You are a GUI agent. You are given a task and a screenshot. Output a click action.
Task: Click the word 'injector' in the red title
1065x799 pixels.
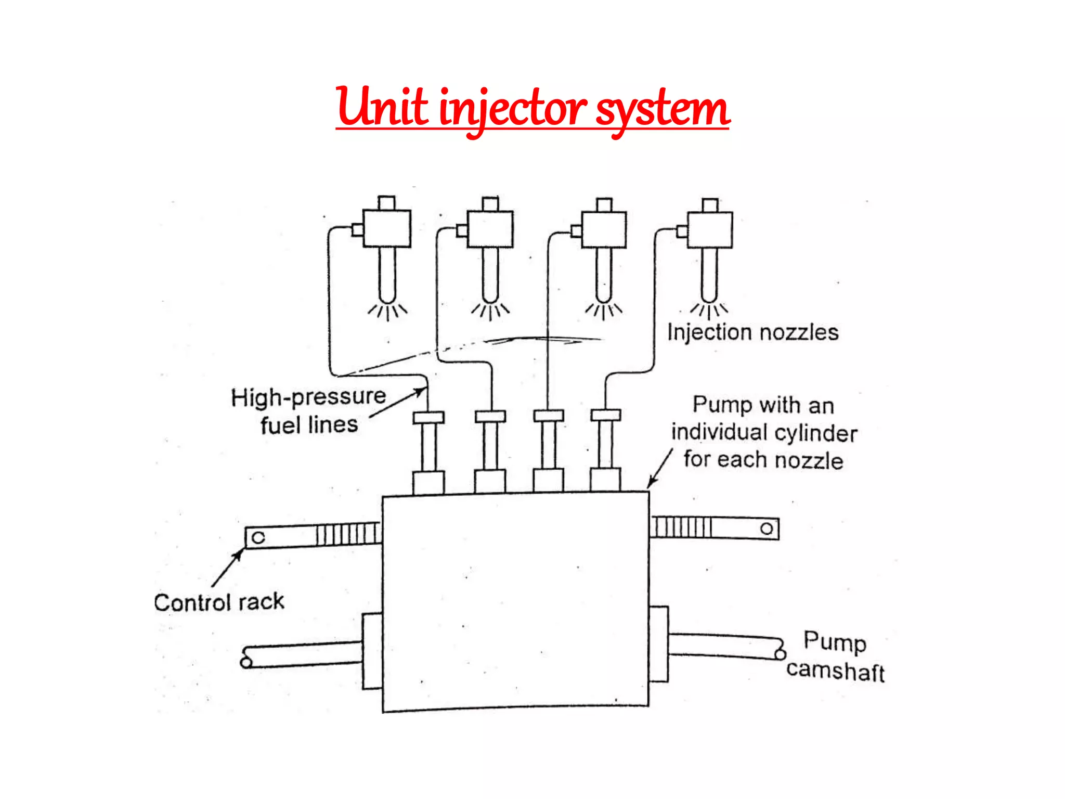(512, 109)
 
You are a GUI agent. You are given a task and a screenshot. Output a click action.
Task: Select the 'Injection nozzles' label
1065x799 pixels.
(752, 332)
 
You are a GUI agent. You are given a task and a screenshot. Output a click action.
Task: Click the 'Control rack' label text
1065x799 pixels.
(219, 602)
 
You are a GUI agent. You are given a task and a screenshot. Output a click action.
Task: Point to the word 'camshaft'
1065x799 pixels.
(835, 671)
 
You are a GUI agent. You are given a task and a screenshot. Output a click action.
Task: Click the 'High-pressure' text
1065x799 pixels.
(308, 397)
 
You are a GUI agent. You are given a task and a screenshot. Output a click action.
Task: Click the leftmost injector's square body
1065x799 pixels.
(387, 228)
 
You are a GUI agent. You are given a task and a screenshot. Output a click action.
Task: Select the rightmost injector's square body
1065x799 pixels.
(710, 229)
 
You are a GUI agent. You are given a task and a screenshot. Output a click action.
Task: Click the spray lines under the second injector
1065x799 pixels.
(490, 311)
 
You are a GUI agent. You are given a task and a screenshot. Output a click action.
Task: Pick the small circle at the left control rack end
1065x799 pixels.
(258, 537)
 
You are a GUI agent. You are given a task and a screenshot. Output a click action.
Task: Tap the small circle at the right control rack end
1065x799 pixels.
(767, 529)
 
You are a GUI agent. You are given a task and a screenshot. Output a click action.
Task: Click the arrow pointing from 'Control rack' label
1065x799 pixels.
(228, 568)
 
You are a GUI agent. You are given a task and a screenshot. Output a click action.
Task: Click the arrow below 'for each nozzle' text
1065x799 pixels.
(660, 469)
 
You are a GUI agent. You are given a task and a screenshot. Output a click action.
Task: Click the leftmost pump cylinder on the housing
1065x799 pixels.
(428, 453)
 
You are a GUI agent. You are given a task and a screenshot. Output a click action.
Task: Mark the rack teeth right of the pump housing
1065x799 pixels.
(682, 526)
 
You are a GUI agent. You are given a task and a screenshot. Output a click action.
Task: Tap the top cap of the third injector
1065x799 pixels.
(604, 204)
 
